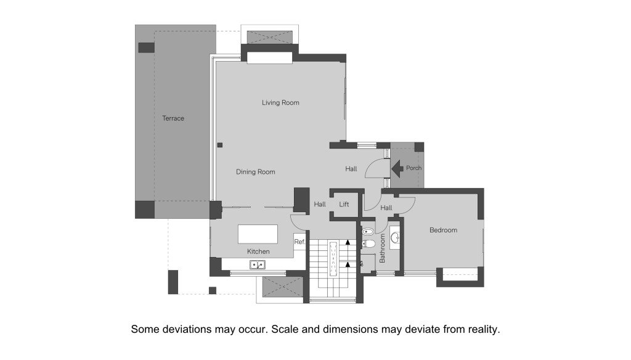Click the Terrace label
coord(173,118)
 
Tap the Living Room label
coord(280,103)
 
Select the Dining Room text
coord(256,172)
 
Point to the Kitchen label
coord(258,252)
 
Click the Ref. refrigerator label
coord(299,242)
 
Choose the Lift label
coord(344,204)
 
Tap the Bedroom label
coord(443,231)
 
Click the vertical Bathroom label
coord(382,248)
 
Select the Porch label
coord(413,168)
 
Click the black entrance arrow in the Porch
coord(397,169)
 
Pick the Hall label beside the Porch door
coord(351,169)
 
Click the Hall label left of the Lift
coord(320,204)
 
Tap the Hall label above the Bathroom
coord(386,208)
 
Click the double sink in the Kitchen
coord(258,264)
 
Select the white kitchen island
coord(258,234)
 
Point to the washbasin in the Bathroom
coord(395,237)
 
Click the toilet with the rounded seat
coord(368,243)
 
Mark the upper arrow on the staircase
coord(348,242)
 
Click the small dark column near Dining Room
coord(220,145)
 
